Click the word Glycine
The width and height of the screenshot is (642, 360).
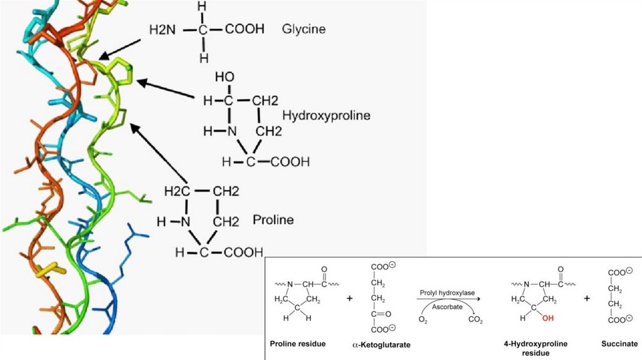click(304, 29)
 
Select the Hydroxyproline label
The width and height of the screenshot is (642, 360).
click(326, 115)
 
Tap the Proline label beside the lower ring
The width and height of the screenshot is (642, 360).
click(273, 220)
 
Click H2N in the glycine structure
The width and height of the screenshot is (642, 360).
click(163, 29)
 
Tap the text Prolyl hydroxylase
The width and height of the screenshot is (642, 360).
click(446, 292)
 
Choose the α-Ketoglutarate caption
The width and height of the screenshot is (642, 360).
click(382, 345)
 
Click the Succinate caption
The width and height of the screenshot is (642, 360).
click(619, 344)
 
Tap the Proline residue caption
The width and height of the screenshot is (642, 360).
click(298, 344)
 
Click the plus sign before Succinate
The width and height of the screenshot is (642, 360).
click(587, 299)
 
